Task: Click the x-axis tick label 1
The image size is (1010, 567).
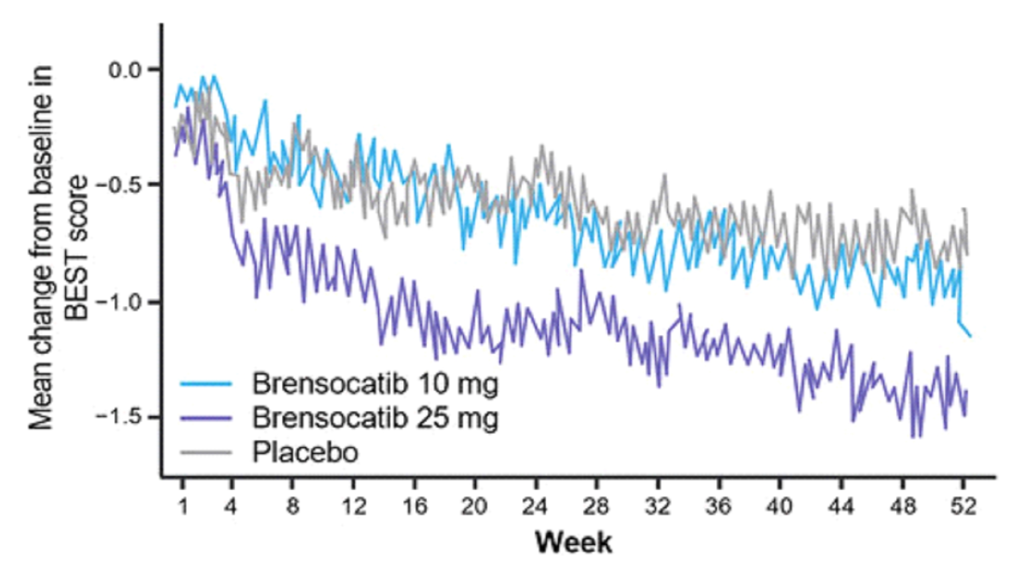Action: tap(183, 507)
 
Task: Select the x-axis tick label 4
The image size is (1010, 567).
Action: tap(230, 507)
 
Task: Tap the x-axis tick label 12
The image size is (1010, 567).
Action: tap(353, 507)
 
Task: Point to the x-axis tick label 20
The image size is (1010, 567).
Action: tap(474, 507)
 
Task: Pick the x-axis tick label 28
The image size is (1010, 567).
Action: tap(596, 507)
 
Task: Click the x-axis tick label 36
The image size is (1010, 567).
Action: tap(718, 507)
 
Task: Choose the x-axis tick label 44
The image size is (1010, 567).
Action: tap(840, 507)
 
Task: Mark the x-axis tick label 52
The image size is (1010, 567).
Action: tap(963, 507)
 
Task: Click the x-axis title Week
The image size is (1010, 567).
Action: tap(574, 543)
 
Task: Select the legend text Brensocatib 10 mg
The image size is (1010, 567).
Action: tap(375, 384)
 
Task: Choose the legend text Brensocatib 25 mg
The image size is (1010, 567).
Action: tap(375, 418)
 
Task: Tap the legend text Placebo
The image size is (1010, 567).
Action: tap(305, 453)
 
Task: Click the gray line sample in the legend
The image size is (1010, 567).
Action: tap(206, 453)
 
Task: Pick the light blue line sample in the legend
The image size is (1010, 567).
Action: tap(206, 384)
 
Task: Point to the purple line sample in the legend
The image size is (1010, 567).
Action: tap(206, 418)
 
